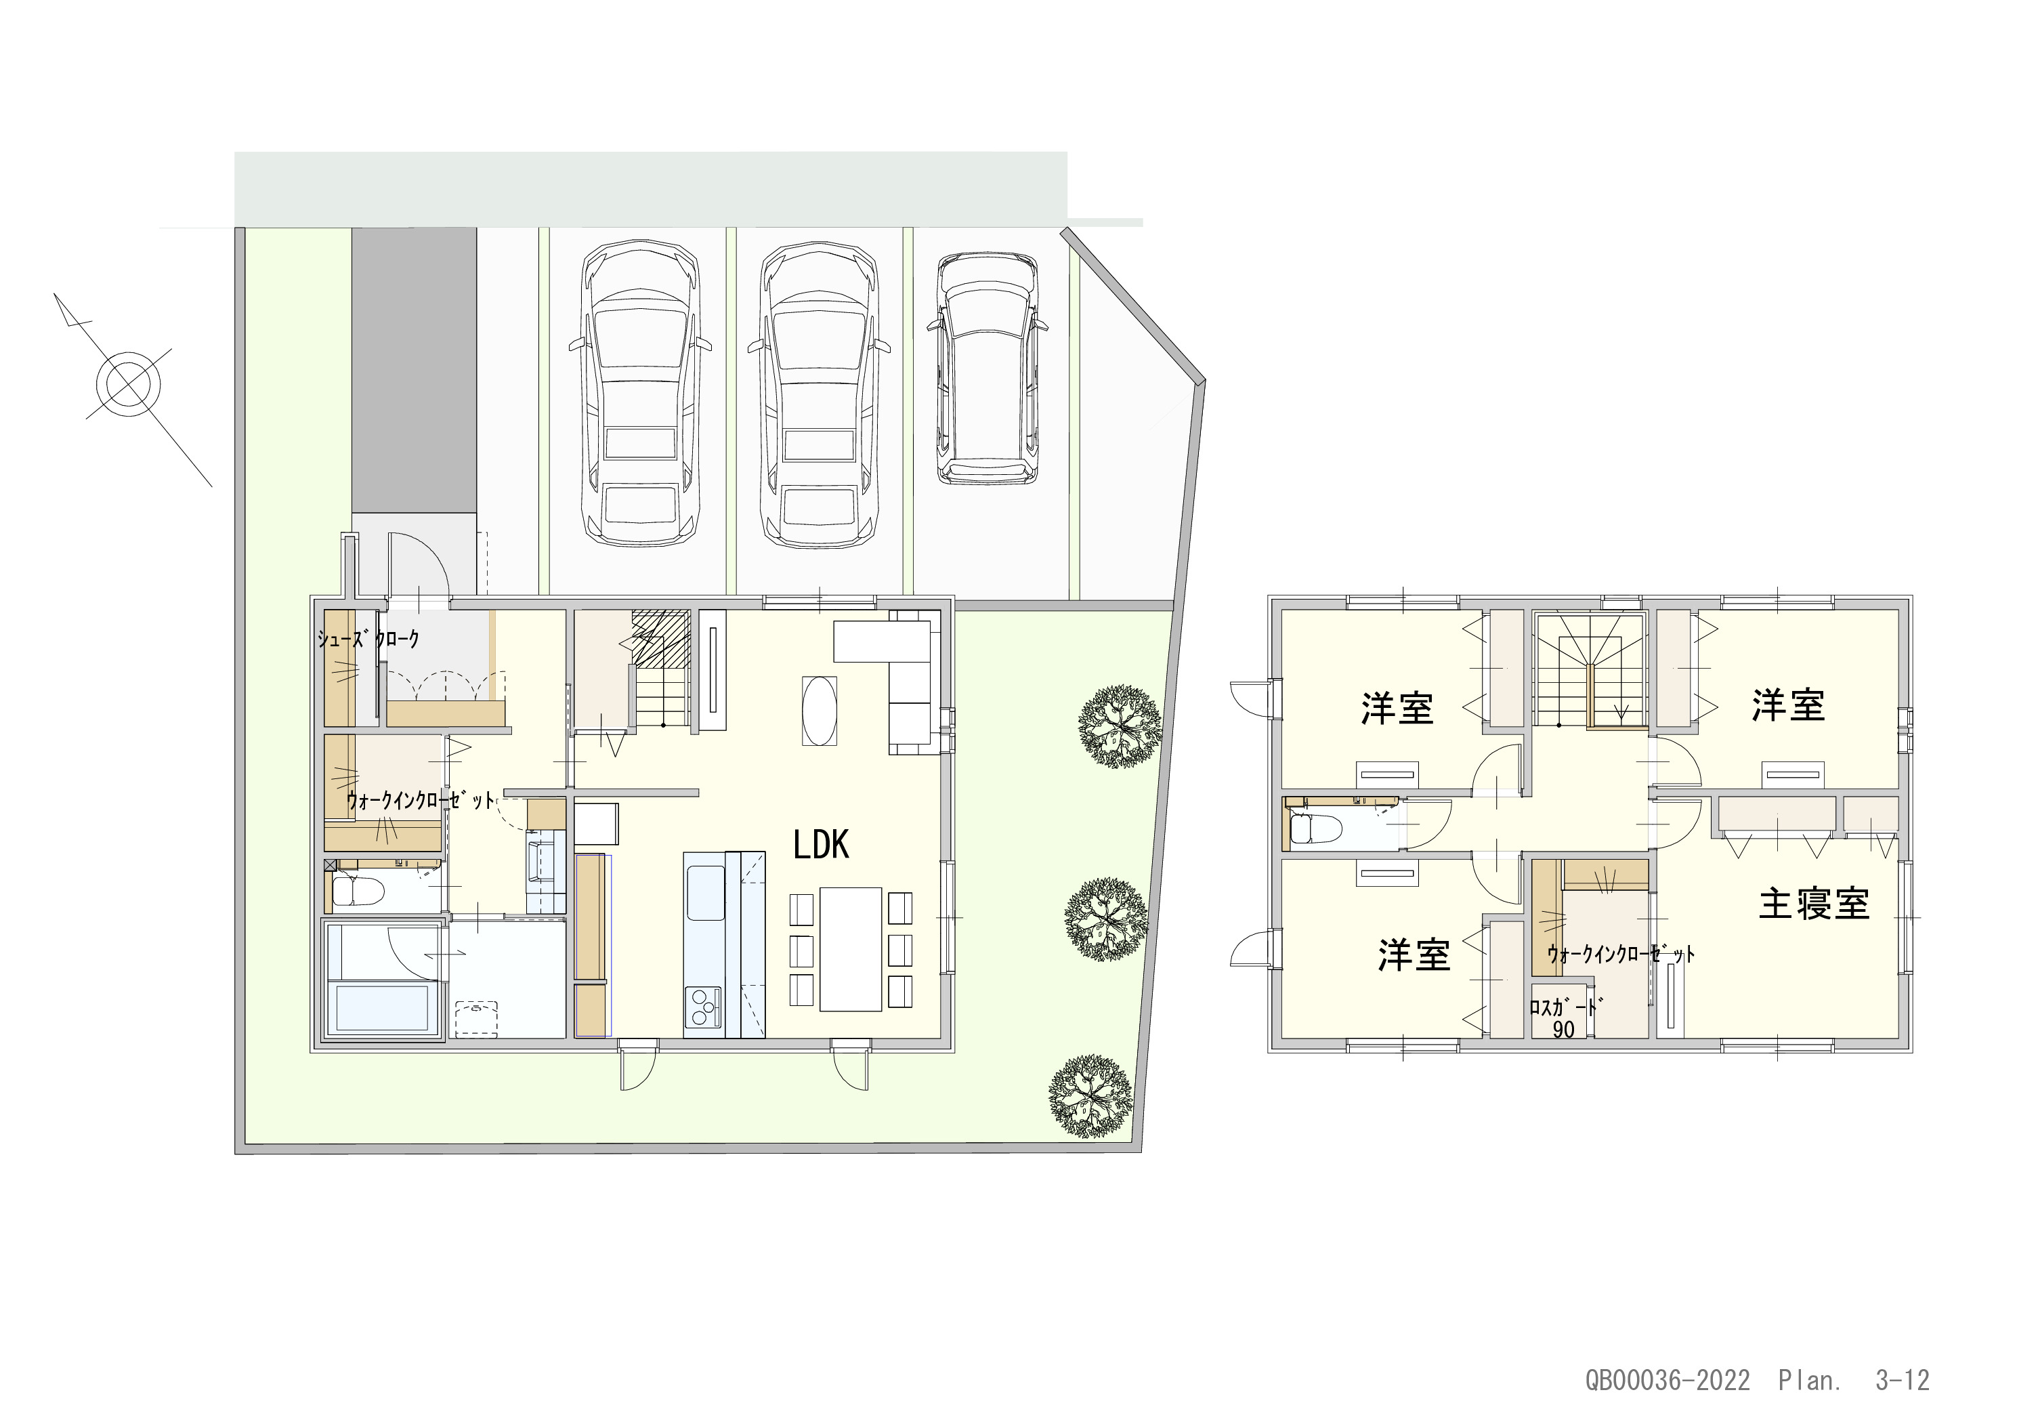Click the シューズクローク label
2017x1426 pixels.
(x=369, y=639)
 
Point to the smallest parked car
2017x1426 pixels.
(x=987, y=369)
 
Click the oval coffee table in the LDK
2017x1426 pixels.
(x=820, y=710)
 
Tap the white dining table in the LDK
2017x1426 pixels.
(x=851, y=949)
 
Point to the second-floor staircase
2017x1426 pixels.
(x=1590, y=669)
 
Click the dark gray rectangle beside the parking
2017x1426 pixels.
(x=415, y=370)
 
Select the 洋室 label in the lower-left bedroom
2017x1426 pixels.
(x=1414, y=955)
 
